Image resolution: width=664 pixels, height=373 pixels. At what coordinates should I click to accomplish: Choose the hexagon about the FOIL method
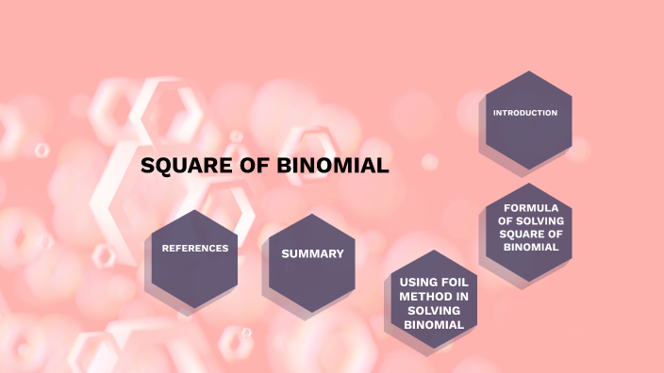coord(433,301)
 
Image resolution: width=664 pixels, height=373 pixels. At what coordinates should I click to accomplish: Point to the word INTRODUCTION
coord(525,113)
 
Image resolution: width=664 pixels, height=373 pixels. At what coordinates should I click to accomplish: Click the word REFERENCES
coord(195,248)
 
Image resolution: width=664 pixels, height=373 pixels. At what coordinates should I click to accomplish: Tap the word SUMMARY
coord(312,253)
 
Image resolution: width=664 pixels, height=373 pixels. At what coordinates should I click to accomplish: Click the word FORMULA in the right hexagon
coord(531,207)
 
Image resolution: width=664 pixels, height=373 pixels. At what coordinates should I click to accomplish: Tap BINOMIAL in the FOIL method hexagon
coord(433,325)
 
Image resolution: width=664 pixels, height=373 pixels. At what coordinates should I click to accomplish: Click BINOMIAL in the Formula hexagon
coord(531,247)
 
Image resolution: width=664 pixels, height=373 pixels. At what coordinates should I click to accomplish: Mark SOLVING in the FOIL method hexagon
coord(433,311)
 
